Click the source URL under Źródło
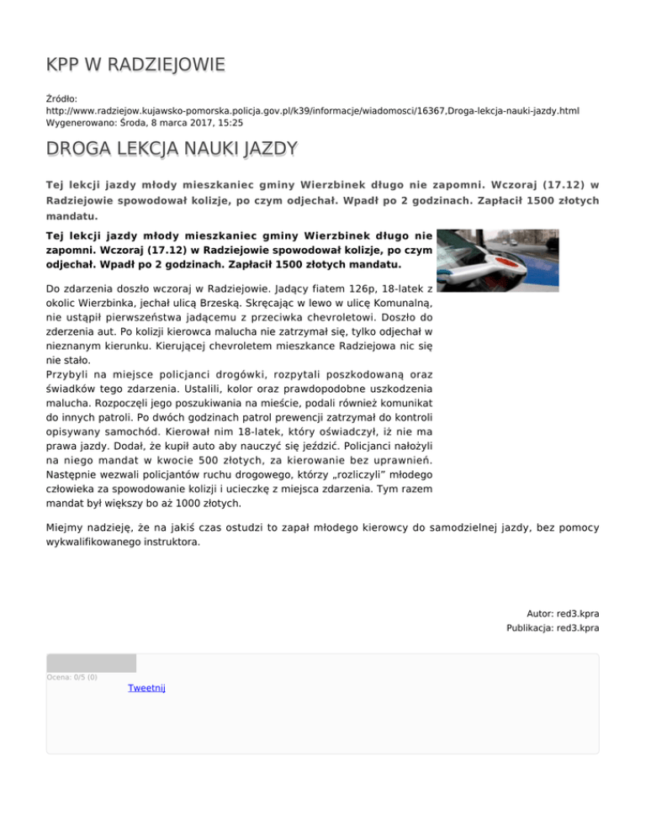312,110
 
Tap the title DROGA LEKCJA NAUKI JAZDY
159,151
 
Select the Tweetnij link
146,688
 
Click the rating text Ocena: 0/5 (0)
71,677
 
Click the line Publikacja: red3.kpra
553,628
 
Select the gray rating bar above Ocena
91,663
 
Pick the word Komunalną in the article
398,304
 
